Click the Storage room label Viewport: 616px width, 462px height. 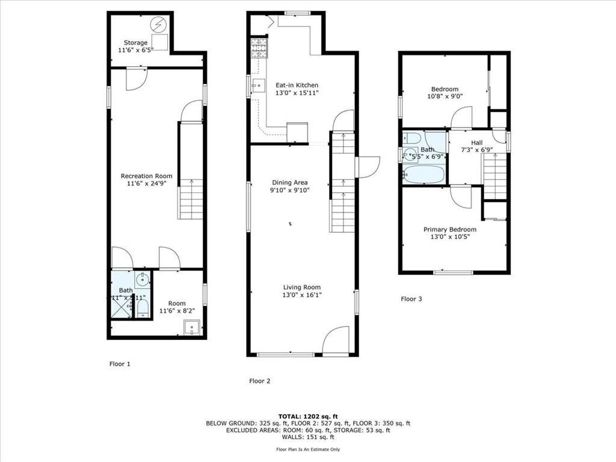click(x=136, y=43)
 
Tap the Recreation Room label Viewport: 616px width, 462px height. click(x=147, y=176)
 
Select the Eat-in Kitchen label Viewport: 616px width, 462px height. click(x=297, y=85)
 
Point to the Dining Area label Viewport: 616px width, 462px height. click(x=291, y=182)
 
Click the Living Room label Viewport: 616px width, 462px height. click(x=301, y=288)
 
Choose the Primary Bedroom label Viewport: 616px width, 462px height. click(x=450, y=229)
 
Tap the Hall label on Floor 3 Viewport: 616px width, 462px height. click(x=477, y=143)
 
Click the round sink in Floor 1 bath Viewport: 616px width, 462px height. click(x=143, y=279)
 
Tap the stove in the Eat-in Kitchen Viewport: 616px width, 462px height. click(x=259, y=48)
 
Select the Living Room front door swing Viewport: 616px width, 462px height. click(x=336, y=341)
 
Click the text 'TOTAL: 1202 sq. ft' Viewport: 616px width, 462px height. click(x=307, y=416)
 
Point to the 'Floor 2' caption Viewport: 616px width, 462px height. click(x=260, y=381)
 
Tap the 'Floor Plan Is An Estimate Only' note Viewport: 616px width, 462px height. click(x=307, y=449)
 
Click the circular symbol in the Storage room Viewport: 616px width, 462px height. click(x=159, y=24)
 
